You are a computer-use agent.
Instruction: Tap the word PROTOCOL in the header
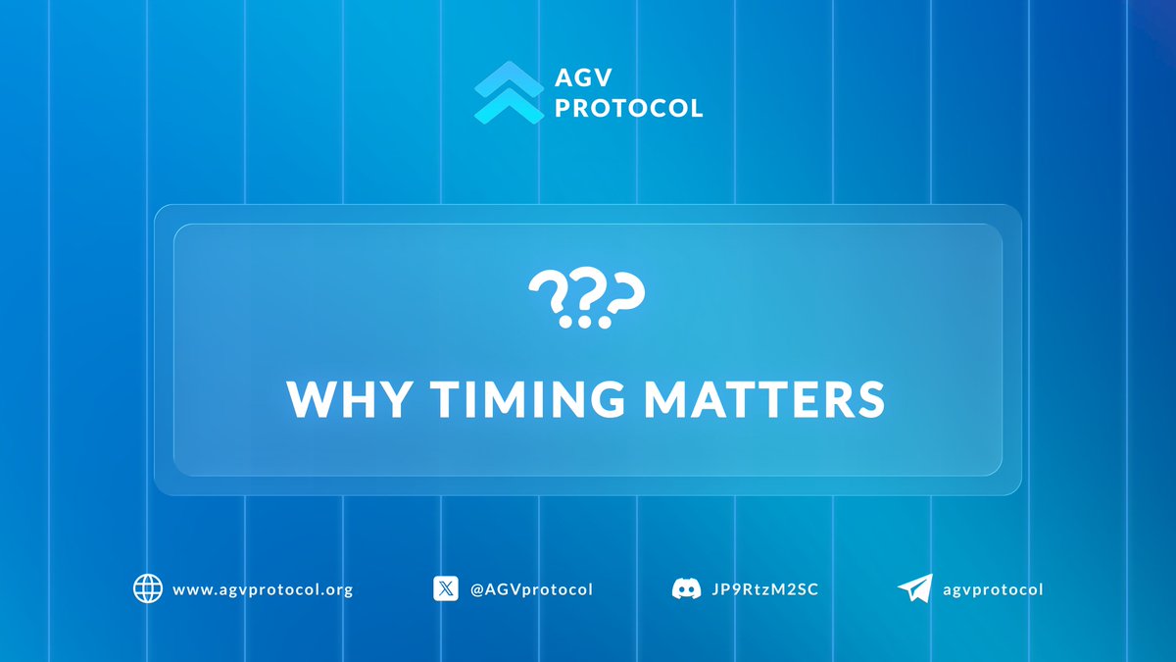click(x=628, y=108)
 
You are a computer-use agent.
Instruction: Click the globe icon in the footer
click(x=148, y=588)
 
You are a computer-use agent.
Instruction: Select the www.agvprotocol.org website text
click(x=262, y=589)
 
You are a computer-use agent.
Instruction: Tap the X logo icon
click(x=446, y=588)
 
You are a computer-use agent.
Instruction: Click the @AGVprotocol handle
click(x=531, y=589)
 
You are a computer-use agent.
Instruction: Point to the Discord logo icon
click(x=686, y=588)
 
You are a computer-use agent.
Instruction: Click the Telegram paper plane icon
click(x=914, y=588)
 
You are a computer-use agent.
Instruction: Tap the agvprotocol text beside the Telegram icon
click(x=994, y=589)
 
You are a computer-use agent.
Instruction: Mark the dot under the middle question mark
click(x=585, y=321)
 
